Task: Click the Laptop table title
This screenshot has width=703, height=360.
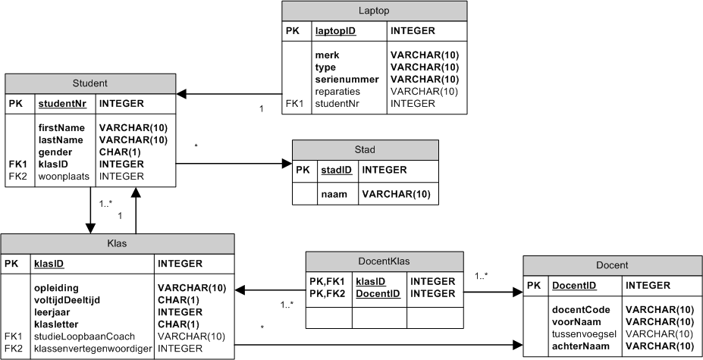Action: click(375, 11)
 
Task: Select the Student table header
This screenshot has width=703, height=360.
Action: click(90, 83)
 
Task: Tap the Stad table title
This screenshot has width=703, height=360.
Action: click(366, 149)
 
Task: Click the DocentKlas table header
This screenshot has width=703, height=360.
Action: click(383, 261)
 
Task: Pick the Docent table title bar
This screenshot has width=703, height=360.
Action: click(612, 266)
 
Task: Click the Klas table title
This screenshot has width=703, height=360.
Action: click(117, 243)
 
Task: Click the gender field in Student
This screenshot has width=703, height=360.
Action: click(55, 152)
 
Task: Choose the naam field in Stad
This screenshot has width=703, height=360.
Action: click(334, 195)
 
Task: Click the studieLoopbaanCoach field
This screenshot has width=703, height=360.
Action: click(83, 336)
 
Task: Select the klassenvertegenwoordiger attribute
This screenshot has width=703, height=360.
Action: click(93, 348)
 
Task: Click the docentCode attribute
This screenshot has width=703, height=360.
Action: click(579, 309)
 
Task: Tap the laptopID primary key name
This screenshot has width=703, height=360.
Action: click(336, 31)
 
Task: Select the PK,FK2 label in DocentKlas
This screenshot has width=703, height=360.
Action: click(328, 293)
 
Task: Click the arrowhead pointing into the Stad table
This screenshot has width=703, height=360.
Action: click(287, 163)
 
